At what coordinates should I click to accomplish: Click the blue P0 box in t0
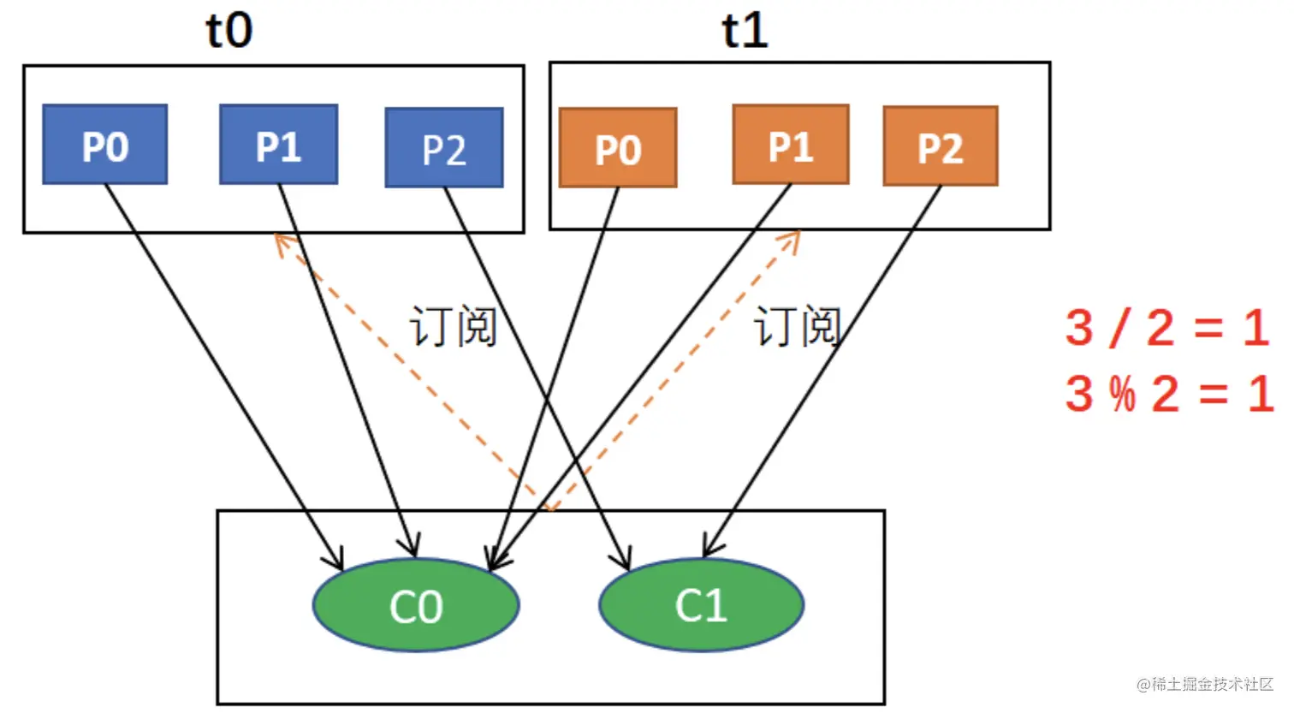[104, 145]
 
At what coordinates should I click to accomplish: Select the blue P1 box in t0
[278, 145]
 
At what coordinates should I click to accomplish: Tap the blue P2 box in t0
[444, 148]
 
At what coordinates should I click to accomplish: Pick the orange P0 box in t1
[618, 148]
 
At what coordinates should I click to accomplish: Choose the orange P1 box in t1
[791, 145]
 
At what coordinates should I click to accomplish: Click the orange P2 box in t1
[941, 146]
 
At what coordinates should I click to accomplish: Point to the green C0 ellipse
[416, 605]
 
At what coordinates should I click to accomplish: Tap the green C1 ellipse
[701, 604]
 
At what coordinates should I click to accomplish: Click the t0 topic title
[229, 30]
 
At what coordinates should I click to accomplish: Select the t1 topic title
[745, 30]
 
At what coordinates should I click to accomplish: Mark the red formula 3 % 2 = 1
[1168, 395]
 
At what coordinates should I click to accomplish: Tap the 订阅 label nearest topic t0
[454, 326]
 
